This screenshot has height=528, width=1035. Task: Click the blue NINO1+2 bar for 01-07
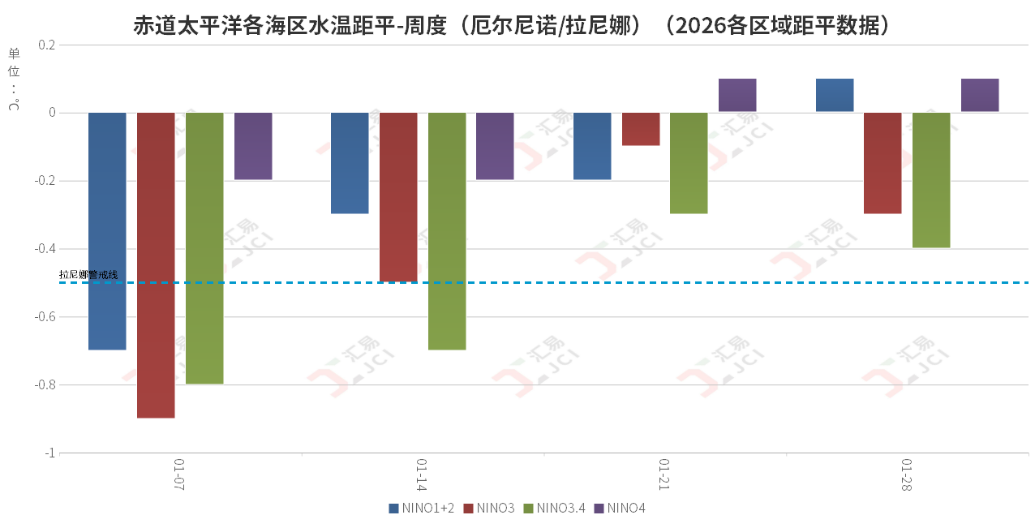[x=107, y=231]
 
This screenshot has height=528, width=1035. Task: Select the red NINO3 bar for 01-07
[x=156, y=265]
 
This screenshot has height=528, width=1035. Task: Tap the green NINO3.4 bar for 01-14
[x=447, y=231]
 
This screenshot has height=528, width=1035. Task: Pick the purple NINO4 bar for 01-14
[x=495, y=146]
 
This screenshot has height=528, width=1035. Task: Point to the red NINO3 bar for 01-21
[x=641, y=129]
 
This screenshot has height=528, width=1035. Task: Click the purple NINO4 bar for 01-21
[x=737, y=95]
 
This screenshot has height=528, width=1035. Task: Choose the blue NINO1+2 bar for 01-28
[x=835, y=95]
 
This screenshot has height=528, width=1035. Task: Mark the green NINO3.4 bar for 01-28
[x=931, y=180]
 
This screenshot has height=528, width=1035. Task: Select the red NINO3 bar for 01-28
[x=883, y=163]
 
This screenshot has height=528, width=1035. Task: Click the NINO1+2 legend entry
[x=422, y=509]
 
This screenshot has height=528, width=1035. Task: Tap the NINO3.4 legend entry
[x=554, y=509]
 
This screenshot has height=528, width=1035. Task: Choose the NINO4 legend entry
[x=620, y=509]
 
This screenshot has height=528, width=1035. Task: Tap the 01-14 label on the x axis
[x=422, y=475]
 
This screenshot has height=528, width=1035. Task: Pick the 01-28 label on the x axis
[x=907, y=475]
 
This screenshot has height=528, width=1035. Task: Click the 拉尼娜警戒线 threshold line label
[x=88, y=275]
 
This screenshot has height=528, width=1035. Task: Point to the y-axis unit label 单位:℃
[x=14, y=79]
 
